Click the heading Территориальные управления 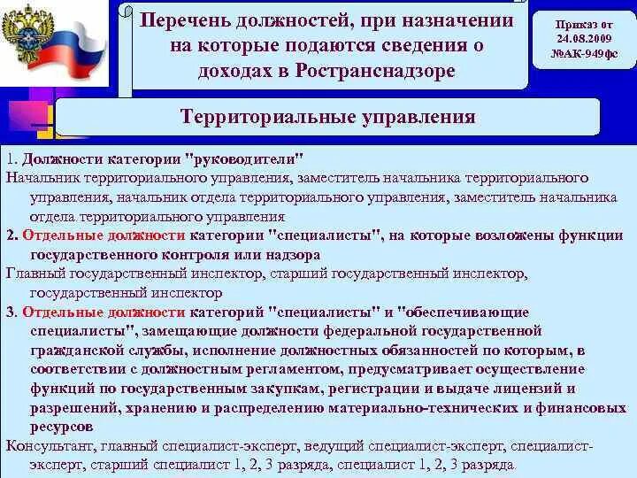(x=327, y=117)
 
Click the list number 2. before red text (x=12, y=236)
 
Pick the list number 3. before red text (x=12, y=312)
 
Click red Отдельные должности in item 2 (x=104, y=236)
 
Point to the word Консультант (x=45, y=445)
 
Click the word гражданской (x=72, y=351)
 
